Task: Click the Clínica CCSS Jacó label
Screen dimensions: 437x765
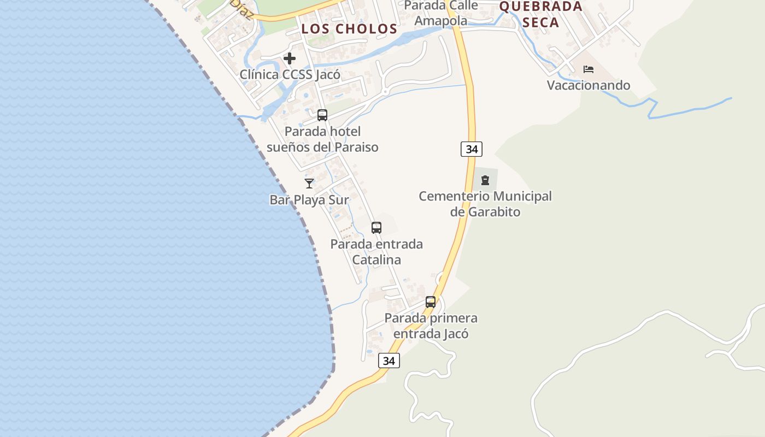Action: coord(290,74)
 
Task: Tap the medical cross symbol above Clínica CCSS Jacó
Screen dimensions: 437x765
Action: coord(290,58)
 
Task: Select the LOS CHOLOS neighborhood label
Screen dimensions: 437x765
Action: coord(349,29)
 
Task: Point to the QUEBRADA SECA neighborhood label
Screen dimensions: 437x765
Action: coord(540,14)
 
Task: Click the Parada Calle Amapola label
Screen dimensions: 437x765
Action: coord(441,14)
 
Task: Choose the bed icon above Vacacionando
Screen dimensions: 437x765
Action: coord(589,69)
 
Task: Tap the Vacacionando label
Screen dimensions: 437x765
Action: coord(589,85)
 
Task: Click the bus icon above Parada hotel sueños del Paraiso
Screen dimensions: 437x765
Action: coord(322,115)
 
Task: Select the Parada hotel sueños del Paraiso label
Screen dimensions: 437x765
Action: coord(322,139)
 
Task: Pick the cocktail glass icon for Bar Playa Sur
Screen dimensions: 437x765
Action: coord(309,184)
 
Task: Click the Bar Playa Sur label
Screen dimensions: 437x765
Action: coord(309,200)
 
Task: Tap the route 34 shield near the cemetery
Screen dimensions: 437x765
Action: coord(471,149)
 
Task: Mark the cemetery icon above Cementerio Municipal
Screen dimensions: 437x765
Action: coord(485,180)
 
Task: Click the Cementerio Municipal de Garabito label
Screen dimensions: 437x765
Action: coord(485,204)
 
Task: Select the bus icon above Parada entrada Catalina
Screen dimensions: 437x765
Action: coord(376,228)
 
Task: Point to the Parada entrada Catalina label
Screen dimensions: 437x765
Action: coord(376,252)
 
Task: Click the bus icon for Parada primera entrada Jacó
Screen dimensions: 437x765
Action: coord(431,302)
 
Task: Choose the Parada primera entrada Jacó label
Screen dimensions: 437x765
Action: coord(431,326)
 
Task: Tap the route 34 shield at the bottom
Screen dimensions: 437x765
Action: coord(389,361)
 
